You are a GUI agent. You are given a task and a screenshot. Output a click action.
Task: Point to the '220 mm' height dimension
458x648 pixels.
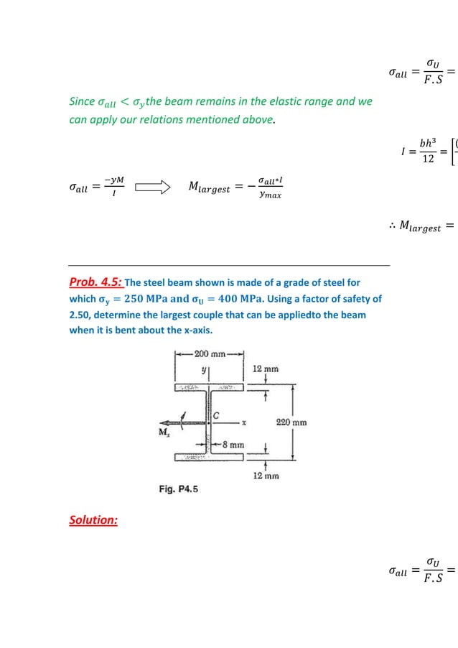click(291, 422)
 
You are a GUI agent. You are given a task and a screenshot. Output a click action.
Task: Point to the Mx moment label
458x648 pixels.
click(164, 431)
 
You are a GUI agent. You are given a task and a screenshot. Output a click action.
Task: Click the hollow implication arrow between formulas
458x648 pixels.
click(151, 188)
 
